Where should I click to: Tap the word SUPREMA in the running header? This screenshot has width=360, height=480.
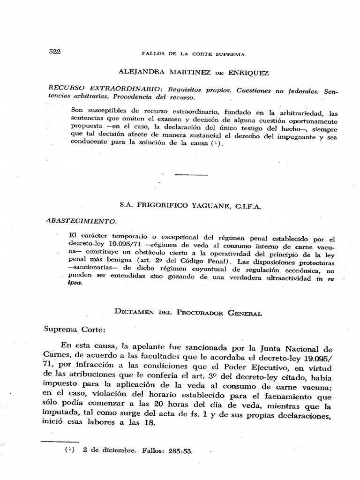pos(229,54)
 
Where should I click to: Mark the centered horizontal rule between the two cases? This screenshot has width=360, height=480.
pos(191,175)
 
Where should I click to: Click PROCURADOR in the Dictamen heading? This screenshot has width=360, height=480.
pos(202,313)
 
